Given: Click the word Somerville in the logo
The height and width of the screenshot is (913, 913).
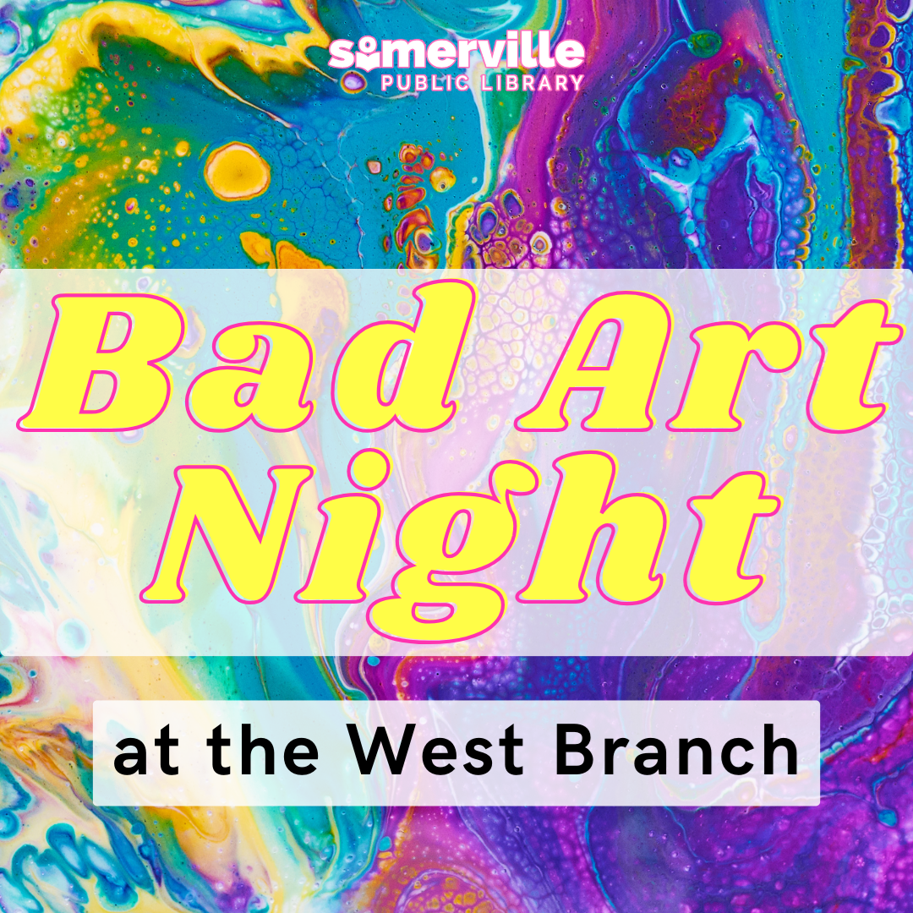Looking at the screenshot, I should pos(456,53).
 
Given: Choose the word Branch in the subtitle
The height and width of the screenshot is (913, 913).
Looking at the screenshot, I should pos(676,752).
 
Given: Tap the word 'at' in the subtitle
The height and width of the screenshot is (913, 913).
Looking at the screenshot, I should pos(143,753).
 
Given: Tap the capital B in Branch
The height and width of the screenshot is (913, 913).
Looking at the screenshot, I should pos(575,752).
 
